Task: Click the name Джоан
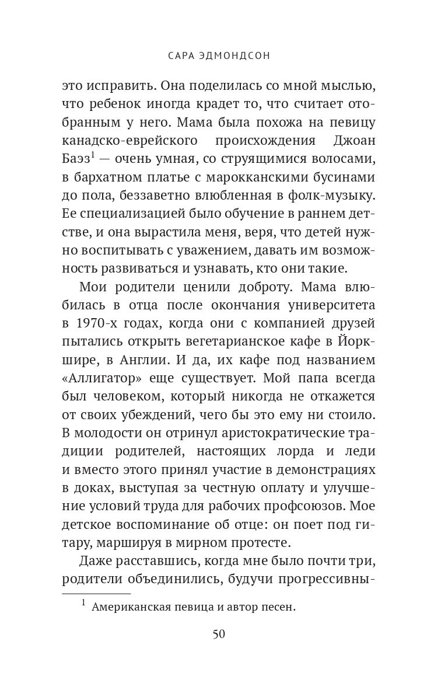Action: [x=354, y=141]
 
